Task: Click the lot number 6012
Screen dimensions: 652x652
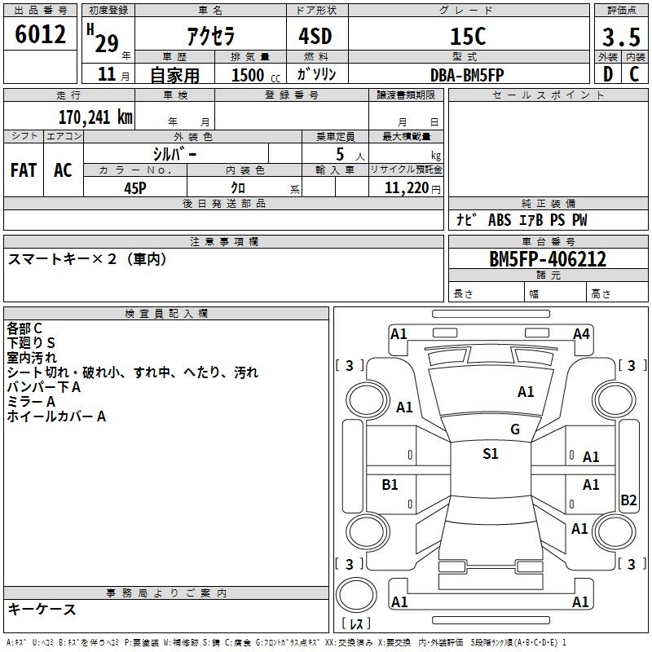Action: click(x=40, y=34)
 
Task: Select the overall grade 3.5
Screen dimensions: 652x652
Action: click(x=619, y=37)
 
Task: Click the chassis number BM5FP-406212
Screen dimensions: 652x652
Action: click(x=548, y=260)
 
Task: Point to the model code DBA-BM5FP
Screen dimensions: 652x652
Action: click(x=467, y=74)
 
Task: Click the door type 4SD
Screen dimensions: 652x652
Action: click(x=316, y=37)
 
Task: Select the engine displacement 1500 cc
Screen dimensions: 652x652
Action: click(x=248, y=75)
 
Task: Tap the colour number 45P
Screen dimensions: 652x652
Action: click(x=135, y=187)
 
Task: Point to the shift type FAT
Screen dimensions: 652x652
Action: click(x=24, y=170)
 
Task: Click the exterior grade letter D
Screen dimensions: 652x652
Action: click(x=608, y=74)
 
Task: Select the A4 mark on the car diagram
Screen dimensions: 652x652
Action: click(x=581, y=333)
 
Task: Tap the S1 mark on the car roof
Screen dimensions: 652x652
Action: click(x=490, y=454)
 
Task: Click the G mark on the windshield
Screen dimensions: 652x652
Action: click(x=514, y=430)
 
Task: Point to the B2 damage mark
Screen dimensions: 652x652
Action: click(x=628, y=500)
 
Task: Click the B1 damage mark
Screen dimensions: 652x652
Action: click(x=390, y=485)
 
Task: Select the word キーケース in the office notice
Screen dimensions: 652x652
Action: click(x=42, y=609)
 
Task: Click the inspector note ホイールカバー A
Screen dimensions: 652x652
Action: click(x=56, y=416)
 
